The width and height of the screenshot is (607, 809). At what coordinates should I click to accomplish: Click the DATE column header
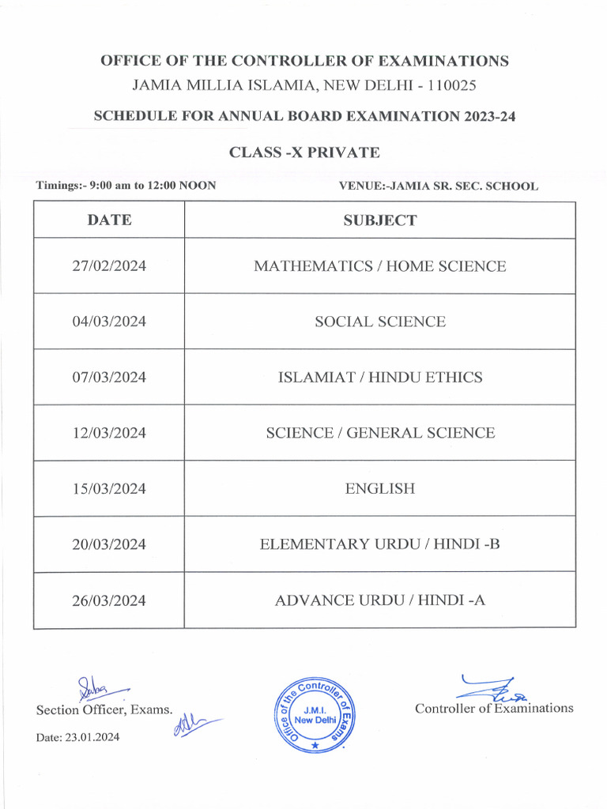[x=109, y=220]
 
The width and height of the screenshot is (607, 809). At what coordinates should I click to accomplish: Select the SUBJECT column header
[x=379, y=220]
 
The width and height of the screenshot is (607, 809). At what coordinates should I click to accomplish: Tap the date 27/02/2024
[x=109, y=266]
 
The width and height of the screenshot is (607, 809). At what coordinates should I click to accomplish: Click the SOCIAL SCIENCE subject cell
[x=379, y=322]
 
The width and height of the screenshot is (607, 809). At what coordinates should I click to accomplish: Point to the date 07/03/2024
[x=109, y=378]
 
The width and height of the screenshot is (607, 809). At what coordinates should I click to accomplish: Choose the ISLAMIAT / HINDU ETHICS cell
[x=379, y=378]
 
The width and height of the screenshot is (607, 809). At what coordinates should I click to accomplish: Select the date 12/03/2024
[x=109, y=433]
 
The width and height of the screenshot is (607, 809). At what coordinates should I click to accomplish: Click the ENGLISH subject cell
[x=379, y=489]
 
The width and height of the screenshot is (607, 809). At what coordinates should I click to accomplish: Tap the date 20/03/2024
[x=109, y=544]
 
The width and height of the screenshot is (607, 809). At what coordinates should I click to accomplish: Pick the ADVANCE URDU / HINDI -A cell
[x=379, y=600]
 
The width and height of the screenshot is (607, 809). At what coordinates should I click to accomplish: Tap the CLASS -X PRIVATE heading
[x=304, y=152]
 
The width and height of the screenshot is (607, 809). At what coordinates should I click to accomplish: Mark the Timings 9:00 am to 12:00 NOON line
[x=126, y=186]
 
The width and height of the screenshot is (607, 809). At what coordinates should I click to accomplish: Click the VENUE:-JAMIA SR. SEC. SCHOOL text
[x=438, y=186]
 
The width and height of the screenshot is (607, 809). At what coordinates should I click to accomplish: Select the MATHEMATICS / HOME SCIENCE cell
[x=379, y=266]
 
